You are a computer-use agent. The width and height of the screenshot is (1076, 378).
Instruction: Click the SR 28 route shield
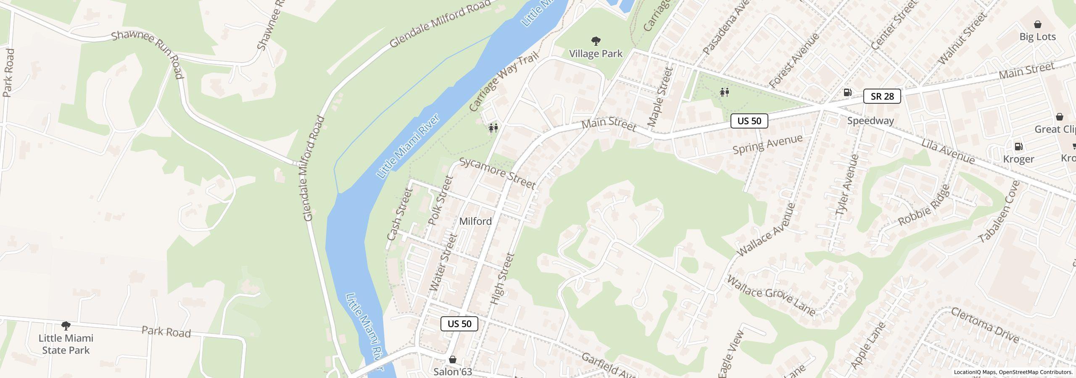pos(882,96)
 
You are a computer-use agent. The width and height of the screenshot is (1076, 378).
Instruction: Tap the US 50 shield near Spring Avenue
pos(749,121)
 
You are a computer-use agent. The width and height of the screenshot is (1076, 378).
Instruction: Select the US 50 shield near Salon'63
pos(459,323)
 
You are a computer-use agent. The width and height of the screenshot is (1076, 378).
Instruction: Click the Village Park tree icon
pos(596,41)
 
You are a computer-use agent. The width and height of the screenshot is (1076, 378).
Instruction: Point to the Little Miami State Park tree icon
pos(66,325)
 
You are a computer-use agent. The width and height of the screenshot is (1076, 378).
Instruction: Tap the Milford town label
pos(475,221)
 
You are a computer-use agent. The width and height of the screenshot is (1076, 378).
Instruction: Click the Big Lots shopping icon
pos(1037,24)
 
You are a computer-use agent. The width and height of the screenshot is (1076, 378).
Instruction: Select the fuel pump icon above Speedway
pos(848,92)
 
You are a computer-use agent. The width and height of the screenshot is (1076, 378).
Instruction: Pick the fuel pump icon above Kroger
pos(1018,147)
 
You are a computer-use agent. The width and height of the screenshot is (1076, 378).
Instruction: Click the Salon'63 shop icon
pos(453,360)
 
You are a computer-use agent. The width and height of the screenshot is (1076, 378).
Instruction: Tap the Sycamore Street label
pos(497,173)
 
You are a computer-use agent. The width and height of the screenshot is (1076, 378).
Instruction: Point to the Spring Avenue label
pos(767,144)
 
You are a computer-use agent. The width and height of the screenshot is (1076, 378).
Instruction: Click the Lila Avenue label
pos(947,151)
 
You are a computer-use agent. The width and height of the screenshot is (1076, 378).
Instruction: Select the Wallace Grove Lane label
pos(771,295)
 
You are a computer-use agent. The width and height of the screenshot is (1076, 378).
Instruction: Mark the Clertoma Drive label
pos(984,325)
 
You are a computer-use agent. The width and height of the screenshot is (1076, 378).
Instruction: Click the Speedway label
pos(870,121)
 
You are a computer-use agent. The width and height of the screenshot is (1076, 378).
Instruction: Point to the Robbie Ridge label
pos(924,205)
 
